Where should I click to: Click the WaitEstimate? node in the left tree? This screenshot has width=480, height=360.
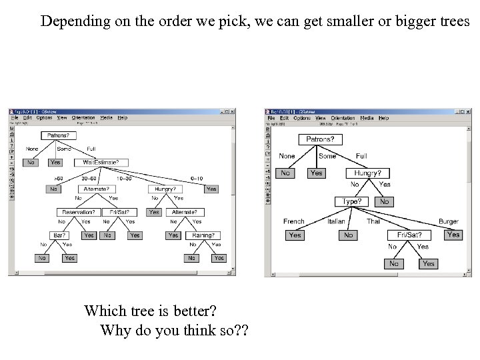click(x=105, y=162)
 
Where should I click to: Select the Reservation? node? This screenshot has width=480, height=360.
click(x=76, y=213)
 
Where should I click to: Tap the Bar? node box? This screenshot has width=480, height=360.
click(x=60, y=235)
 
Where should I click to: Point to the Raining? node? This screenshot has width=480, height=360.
click(x=203, y=235)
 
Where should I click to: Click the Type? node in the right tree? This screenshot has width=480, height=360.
click(x=351, y=201)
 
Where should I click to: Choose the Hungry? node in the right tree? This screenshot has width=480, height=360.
click(x=367, y=173)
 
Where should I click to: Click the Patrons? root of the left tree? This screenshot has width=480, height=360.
click(x=59, y=135)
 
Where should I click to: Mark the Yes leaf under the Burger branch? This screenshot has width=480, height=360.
click(x=453, y=234)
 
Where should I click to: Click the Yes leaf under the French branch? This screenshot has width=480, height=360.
click(x=295, y=235)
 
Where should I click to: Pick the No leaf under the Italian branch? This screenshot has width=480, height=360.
click(x=348, y=235)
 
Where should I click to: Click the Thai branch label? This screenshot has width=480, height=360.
click(x=373, y=221)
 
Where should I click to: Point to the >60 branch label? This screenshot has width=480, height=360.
click(x=57, y=179)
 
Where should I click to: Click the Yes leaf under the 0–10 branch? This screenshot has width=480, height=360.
click(x=211, y=189)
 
